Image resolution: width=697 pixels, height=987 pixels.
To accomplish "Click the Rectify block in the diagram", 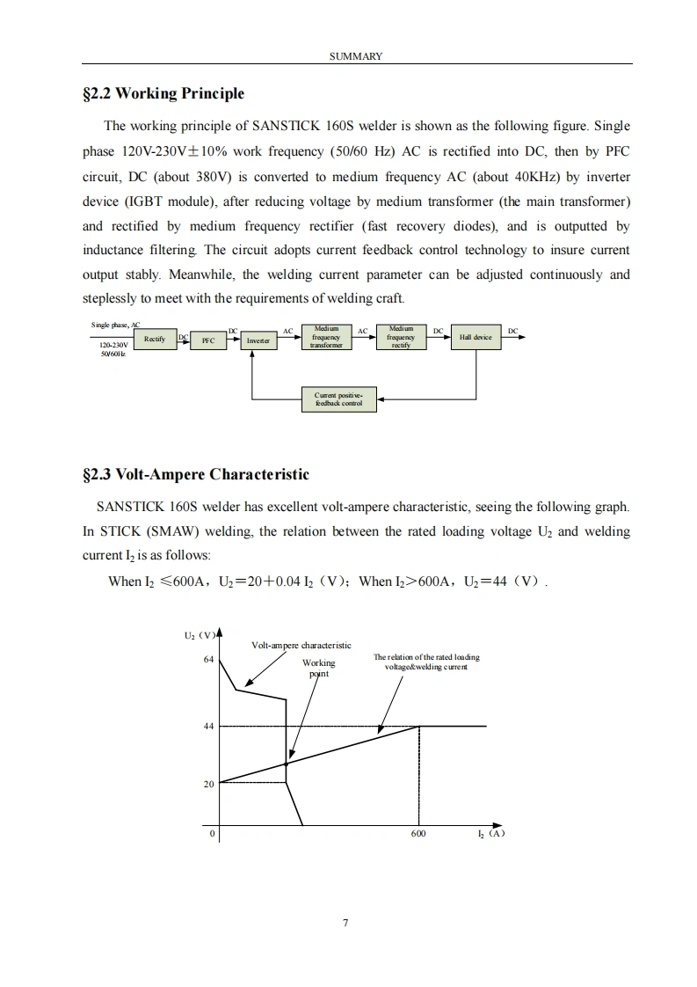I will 155,339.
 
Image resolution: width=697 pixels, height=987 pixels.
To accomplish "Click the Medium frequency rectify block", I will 401,337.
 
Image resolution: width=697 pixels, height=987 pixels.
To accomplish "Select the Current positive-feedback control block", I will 338,399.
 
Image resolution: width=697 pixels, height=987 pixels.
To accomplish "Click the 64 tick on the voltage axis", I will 208,660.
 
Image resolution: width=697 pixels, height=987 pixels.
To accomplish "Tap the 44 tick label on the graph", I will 208,727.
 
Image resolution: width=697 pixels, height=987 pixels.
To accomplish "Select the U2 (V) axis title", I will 194,633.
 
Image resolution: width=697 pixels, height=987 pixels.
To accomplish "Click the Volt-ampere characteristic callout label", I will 301,645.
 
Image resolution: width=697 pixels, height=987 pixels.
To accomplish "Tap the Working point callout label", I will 318,668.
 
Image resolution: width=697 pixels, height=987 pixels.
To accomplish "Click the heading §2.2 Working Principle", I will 163,94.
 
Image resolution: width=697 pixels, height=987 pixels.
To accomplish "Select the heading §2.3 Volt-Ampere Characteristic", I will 195,475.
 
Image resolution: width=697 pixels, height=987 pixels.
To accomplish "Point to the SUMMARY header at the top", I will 356,56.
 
